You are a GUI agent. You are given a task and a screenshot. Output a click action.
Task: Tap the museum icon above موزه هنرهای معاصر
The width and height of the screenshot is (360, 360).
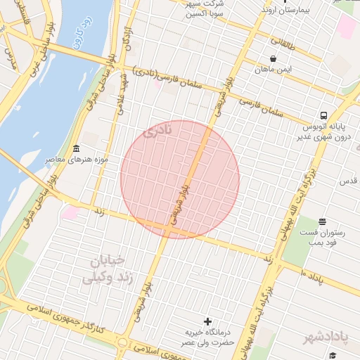pos(76,148)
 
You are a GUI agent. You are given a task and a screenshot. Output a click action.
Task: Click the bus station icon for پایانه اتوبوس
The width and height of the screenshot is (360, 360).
pos(323,115)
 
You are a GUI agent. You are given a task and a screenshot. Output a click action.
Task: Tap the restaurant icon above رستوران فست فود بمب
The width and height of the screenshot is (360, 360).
pos(322,222)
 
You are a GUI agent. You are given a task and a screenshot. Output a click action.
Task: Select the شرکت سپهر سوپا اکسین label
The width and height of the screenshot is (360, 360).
pos(205,9)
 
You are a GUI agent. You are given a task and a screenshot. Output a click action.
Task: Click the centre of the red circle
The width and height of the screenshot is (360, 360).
pos(180,179)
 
